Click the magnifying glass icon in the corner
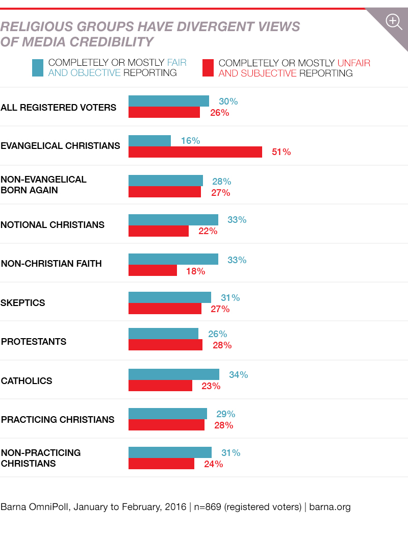[x=394, y=21]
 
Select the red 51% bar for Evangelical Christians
[x=195, y=152]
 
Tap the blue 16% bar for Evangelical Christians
[x=149, y=141]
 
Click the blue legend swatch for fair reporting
[x=38, y=68]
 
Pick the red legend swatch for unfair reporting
[x=208, y=68]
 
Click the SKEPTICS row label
[x=23, y=303]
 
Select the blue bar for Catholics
[x=173, y=374]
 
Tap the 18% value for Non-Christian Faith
[x=195, y=271]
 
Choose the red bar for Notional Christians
[x=158, y=231]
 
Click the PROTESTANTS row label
[x=34, y=342]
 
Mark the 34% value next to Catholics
[x=238, y=375]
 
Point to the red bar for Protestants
[x=165, y=345]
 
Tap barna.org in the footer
[x=330, y=507]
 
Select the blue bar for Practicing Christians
[x=167, y=414]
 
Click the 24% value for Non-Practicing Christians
[x=213, y=464]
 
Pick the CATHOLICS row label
[x=27, y=381]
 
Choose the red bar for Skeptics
[x=165, y=309]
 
